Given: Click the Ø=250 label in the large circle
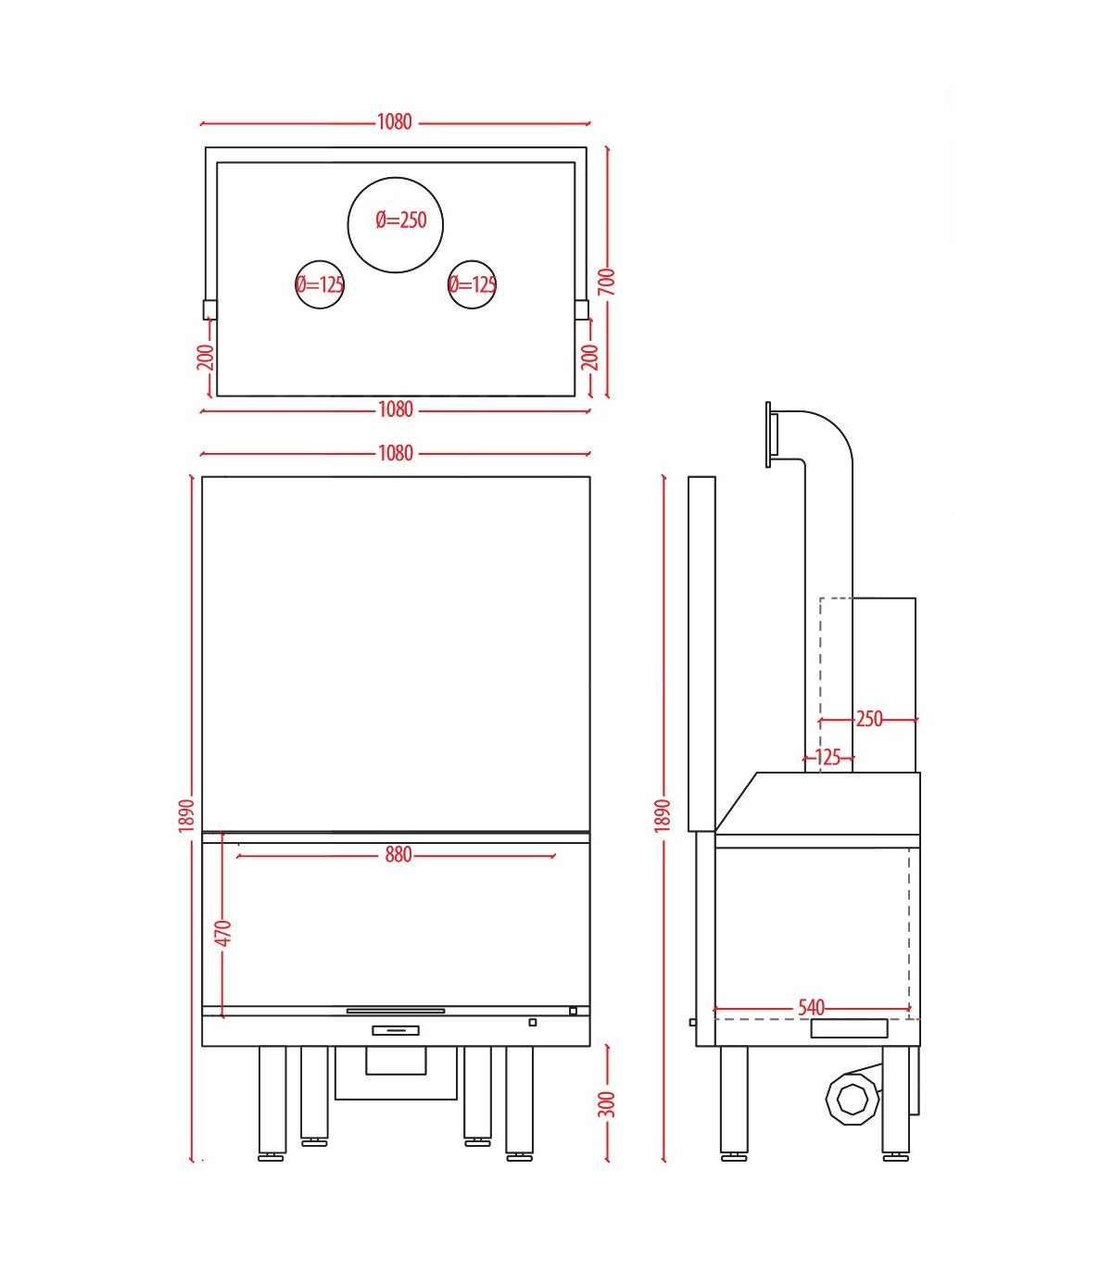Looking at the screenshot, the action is (400, 220).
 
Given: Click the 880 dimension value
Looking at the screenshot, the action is (398, 855).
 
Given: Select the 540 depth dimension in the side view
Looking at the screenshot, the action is (811, 1008).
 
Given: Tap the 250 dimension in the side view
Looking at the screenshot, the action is (869, 720).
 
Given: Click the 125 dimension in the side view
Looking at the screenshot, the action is (828, 758).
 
